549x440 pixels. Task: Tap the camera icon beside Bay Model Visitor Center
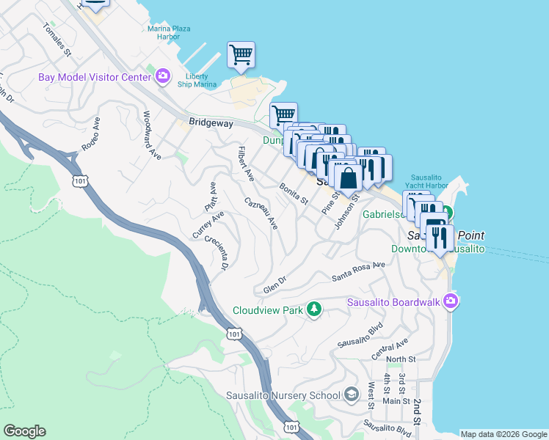click(163, 75)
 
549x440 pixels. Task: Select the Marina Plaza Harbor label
click(169, 32)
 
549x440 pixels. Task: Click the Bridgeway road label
click(211, 124)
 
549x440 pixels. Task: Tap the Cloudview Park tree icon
click(315, 309)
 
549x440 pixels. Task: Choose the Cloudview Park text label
click(268, 310)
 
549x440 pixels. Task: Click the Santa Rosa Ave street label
click(358, 271)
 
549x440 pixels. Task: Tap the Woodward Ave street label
click(152, 135)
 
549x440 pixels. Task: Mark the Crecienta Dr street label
click(217, 252)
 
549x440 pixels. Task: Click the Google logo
click(24, 431)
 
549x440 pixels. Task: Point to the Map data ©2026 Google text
click(503, 433)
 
